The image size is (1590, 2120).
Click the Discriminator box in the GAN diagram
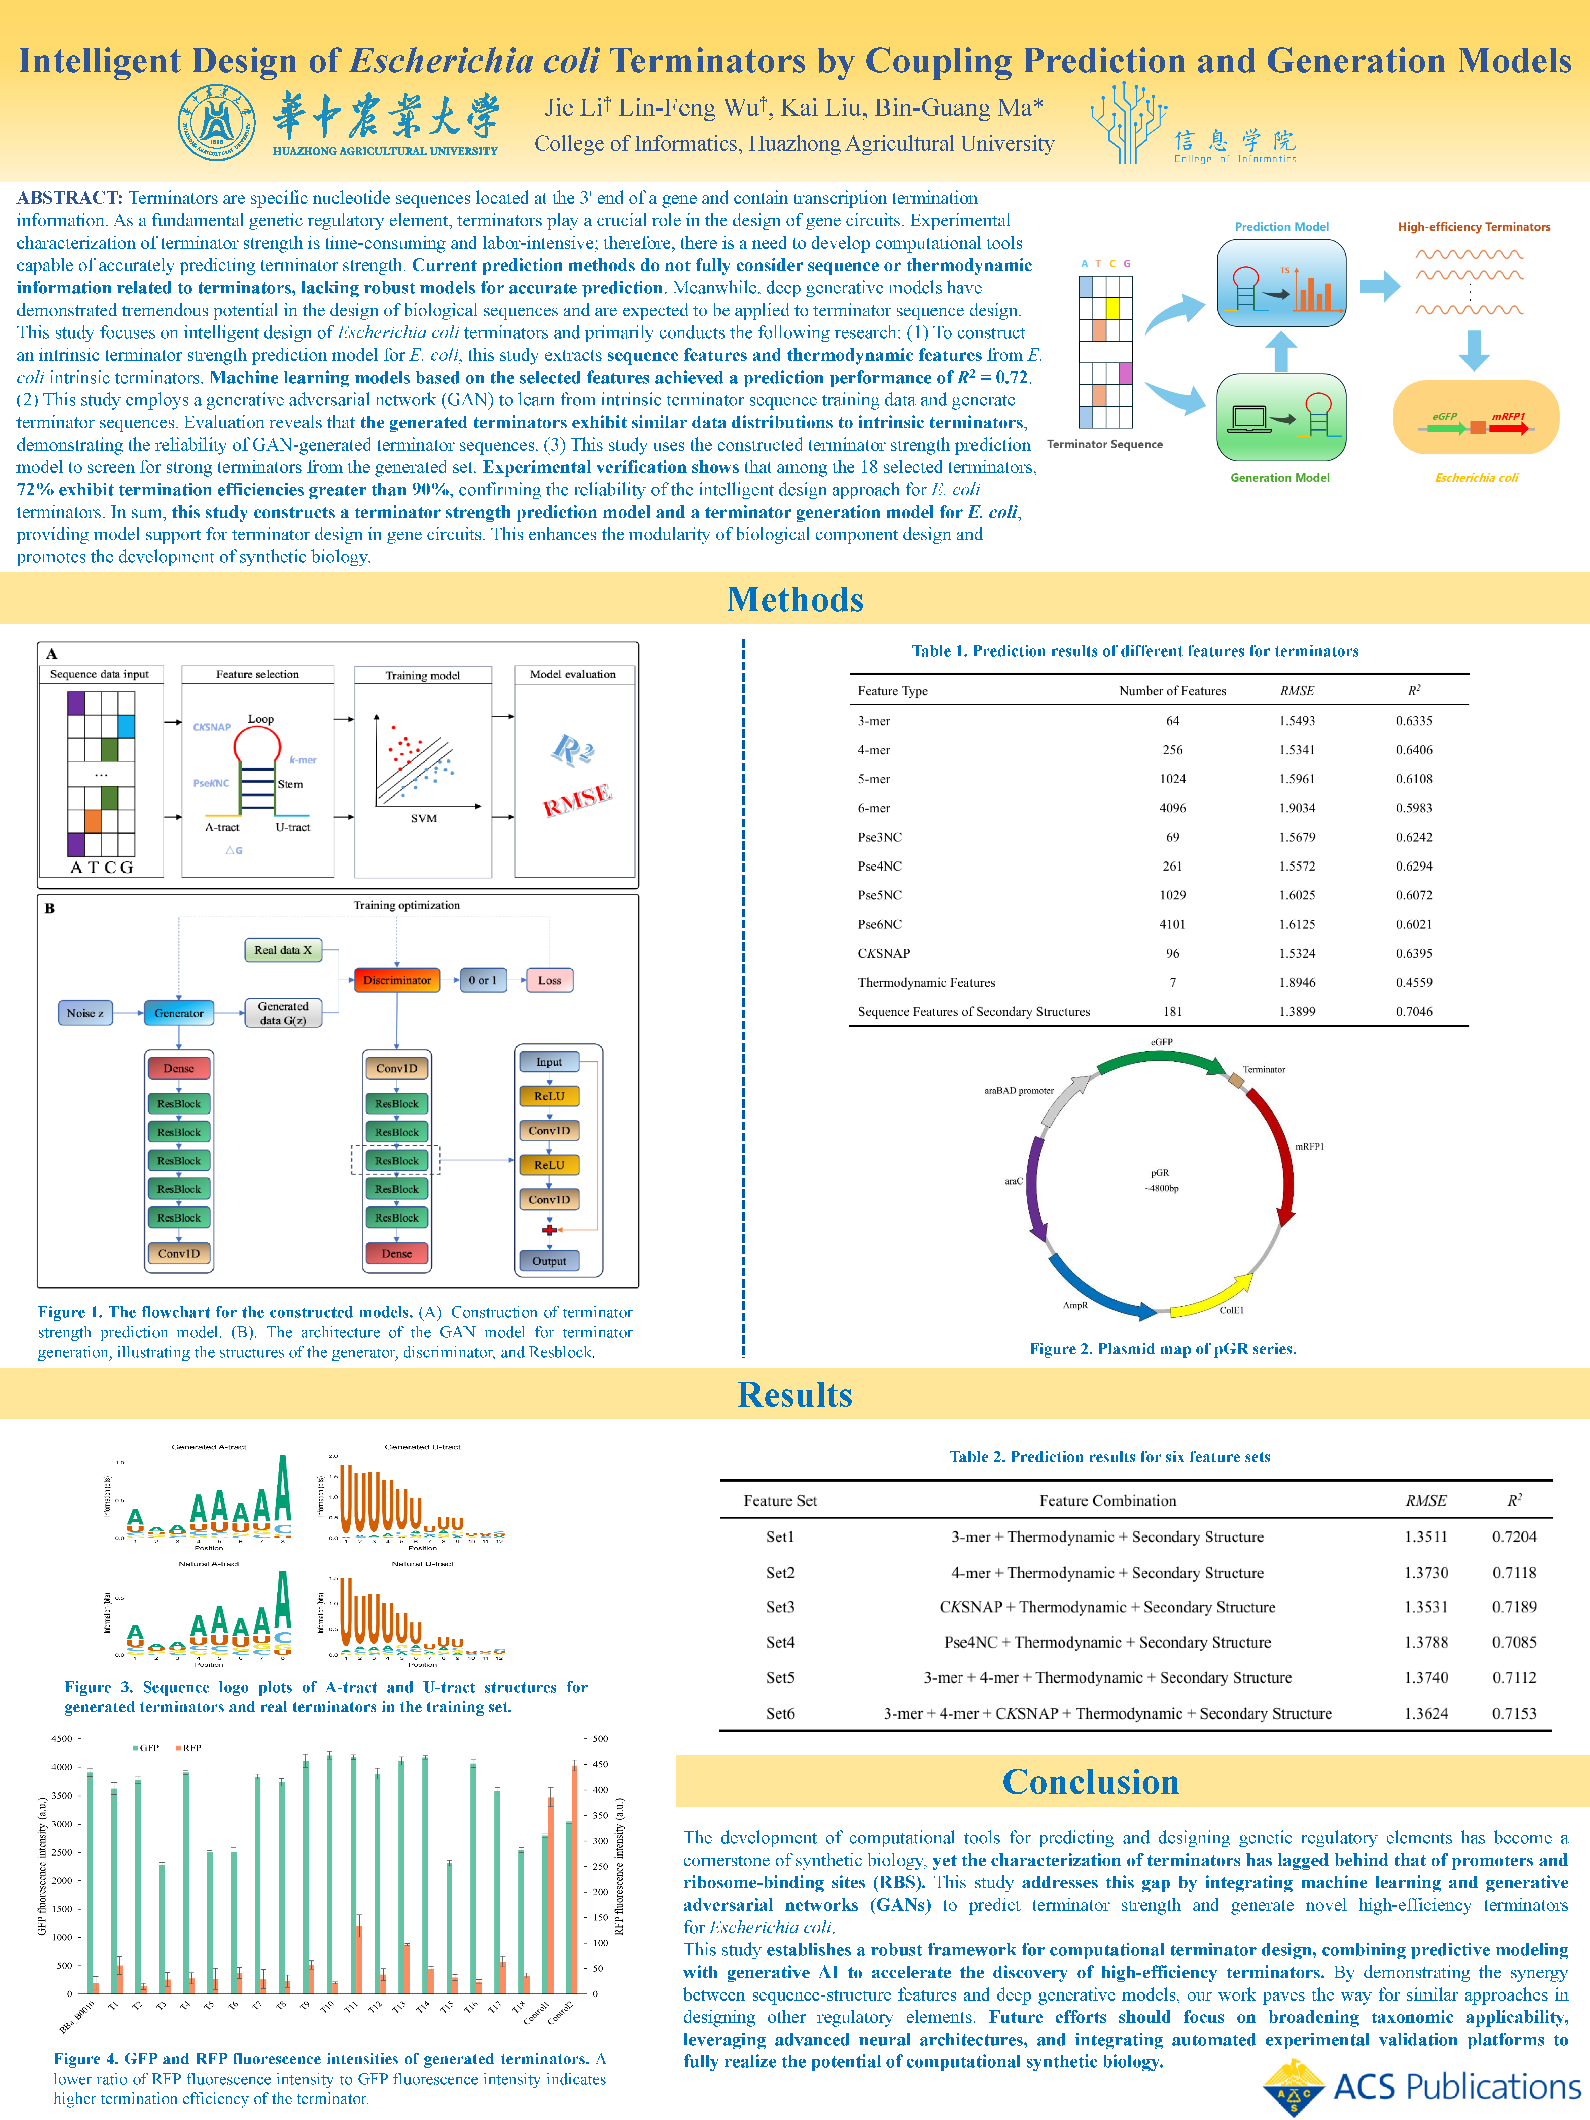click(x=397, y=980)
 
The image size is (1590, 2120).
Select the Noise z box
click(x=85, y=1013)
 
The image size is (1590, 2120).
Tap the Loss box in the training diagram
click(x=549, y=980)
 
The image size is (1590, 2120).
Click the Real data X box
click(x=283, y=950)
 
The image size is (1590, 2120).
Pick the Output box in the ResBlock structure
click(x=549, y=1260)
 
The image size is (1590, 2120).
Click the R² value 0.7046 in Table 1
click(x=1414, y=1011)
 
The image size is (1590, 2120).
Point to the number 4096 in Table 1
click(x=1172, y=808)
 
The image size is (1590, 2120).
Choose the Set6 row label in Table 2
click(x=780, y=1713)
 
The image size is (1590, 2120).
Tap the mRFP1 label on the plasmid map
click(x=1309, y=1146)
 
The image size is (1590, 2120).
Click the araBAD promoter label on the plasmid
click(x=1019, y=1091)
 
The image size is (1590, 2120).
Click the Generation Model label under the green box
click(x=1279, y=477)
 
